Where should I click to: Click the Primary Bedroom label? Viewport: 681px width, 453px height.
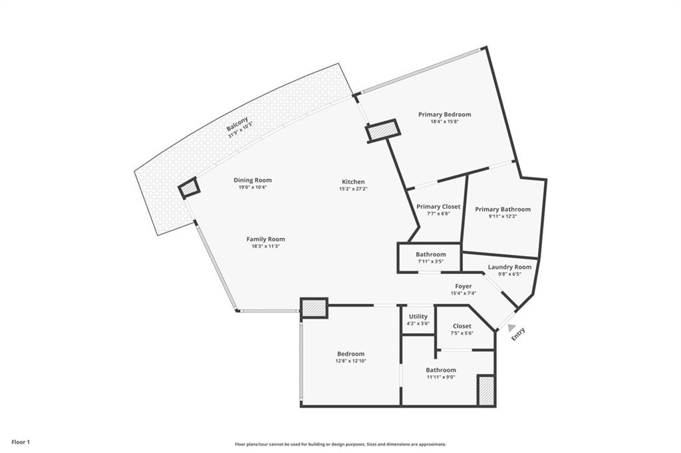pyautogui.click(x=444, y=114)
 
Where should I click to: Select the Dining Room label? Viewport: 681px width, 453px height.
pyautogui.click(x=252, y=180)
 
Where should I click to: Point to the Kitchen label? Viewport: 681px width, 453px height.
pyautogui.click(x=353, y=182)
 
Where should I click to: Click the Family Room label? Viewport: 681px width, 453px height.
pyautogui.click(x=265, y=239)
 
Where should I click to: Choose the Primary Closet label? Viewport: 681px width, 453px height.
pyautogui.click(x=438, y=207)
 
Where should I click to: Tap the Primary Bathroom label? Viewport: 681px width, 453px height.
pyautogui.click(x=503, y=210)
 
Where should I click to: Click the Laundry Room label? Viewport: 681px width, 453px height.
pyautogui.click(x=509, y=267)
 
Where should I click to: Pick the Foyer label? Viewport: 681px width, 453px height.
pyautogui.click(x=464, y=287)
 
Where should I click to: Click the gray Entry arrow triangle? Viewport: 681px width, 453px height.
pyautogui.click(x=511, y=327)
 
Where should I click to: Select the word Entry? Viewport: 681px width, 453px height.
pyautogui.click(x=519, y=335)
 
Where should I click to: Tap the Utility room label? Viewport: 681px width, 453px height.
pyautogui.click(x=418, y=317)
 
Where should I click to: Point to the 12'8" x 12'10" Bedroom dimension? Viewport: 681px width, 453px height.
pyautogui.click(x=350, y=361)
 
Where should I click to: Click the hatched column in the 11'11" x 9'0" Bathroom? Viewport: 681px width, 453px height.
pyautogui.click(x=485, y=390)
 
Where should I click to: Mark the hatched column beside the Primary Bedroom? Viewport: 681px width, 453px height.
pyautogui.click(x=382, y=131)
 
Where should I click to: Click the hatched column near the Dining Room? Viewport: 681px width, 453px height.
pyautogui.click(x=190, y=189)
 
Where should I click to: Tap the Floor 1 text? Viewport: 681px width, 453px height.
pyautogui.click(x=21, y=442)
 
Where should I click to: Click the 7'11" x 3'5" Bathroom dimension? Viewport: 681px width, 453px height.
pyautogui.click(x=430, y=261)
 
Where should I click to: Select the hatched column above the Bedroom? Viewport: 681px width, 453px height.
pyautogui.click(x=314, y=308)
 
